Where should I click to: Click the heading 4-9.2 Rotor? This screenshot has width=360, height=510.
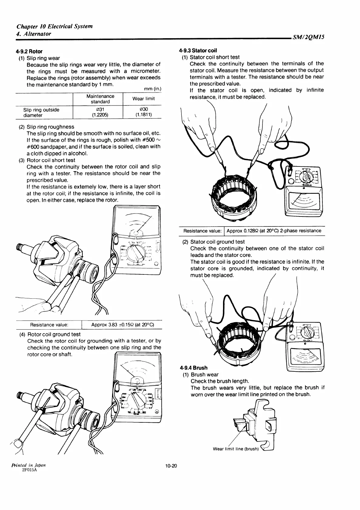tap(29, 51)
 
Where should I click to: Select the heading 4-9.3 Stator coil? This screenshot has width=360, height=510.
tap(198, 50)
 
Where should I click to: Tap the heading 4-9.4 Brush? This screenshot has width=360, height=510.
tap(194, 368)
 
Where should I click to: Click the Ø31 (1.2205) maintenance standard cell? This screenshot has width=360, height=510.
tap(100, 112)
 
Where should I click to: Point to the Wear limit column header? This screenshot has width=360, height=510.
tap(143, 99)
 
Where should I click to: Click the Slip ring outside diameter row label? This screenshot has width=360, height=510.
tap(41, 112)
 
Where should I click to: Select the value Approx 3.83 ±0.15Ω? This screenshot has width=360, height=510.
tap(122, 325)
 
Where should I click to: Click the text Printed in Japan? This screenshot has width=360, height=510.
tap(29, 465)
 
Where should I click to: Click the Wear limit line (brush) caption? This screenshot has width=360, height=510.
tap(235, 449)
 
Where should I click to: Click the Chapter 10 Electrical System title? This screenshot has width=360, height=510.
tap(55, 26)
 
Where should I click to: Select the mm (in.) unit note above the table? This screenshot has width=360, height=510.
tap(152, 89)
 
